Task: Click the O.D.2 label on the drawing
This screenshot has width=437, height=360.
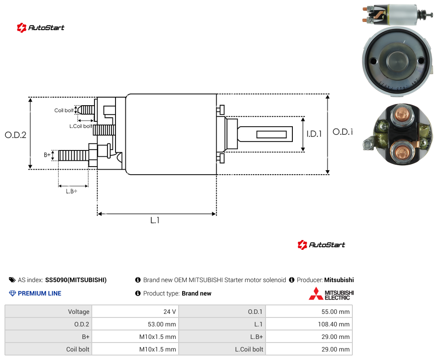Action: coord(16,135)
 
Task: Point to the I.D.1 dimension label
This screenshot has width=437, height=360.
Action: coord(314,134)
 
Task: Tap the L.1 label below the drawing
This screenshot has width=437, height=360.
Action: coord(154,220)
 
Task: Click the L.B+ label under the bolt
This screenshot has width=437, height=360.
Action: coord(71,191)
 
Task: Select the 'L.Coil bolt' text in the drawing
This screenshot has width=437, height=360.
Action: coord(81,126)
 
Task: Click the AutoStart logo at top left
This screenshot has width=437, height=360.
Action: coord(41,28)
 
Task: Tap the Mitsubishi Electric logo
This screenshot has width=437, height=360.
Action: coord(331,294)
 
